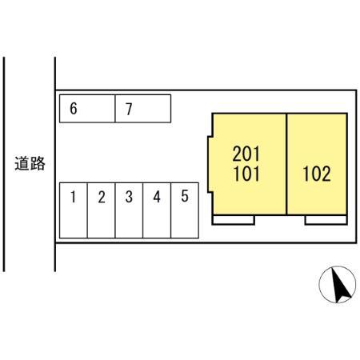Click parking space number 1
[74, 210]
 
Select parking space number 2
[102, 210]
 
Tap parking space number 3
[129, 210]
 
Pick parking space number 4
[157, 210]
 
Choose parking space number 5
[185, 210]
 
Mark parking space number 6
[87, 109]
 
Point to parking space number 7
[143, 109]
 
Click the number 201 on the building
[246, 154]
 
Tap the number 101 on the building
[246, 174]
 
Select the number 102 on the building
[317, 174]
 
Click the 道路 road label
[30, 163]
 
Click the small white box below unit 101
[234, 220]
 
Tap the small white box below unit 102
[326, 220]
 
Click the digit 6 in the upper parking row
[74, 109]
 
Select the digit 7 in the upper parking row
[129, 109]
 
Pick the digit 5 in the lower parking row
[185, 196]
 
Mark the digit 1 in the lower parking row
[73, 197]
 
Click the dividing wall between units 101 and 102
[286, 164]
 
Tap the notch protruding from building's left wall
[210, 164]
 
